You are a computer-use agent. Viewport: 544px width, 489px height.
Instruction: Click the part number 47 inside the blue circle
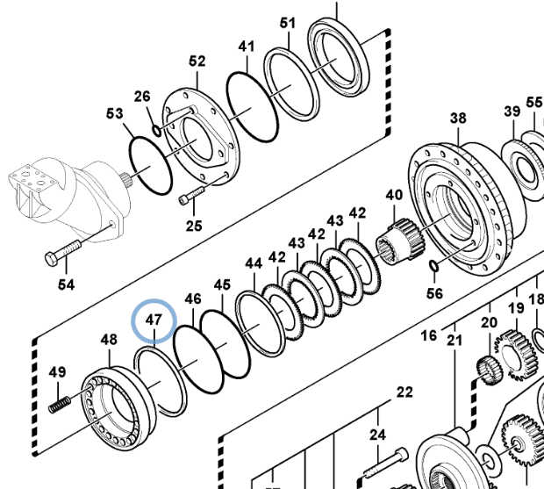pyautogui.click(x=154, y=320)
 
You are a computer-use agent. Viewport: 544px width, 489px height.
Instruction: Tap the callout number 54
pyautogui.click(x=66, y=285)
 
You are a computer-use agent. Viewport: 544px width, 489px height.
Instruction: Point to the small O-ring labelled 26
pyautogui.click(x=157, y=131)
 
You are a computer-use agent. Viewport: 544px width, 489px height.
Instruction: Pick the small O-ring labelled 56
pyautogui.click(x=433, y=265)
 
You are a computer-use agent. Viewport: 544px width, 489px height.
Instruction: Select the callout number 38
pyautogui.click(x=458, y=118)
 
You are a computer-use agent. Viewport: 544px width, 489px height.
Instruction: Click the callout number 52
pyautogui.click(x=197, y=61)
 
